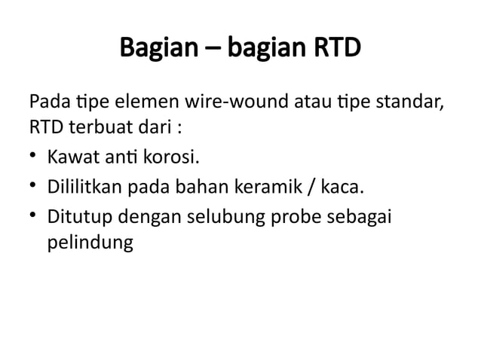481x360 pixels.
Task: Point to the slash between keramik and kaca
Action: (x=326, y=188)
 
